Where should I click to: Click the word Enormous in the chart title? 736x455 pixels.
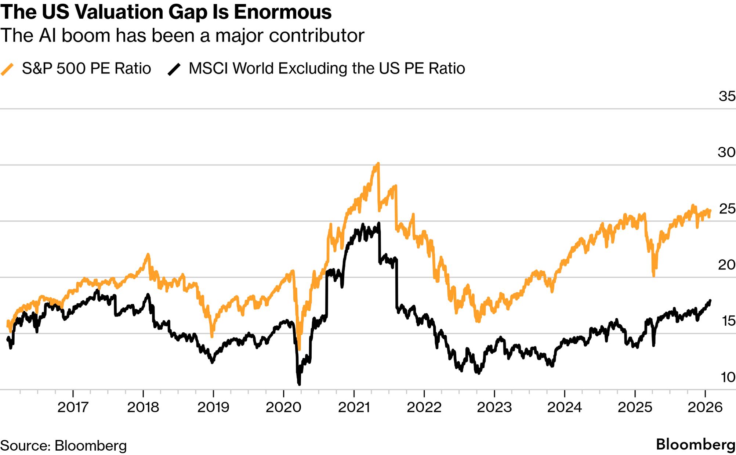click(x=283, y=12)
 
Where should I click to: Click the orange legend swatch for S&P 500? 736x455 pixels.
click(x=7, y=69)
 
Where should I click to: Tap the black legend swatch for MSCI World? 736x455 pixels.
click(x=174, y=69)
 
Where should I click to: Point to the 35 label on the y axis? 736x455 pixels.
click(x=727, y=96)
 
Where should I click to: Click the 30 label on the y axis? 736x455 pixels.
click(x=726, y=152)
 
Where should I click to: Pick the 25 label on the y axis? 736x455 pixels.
click(x=727, y=209)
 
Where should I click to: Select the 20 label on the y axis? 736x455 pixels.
click(x=726, y=265)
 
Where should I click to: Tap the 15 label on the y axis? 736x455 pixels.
click(x=728, y=321)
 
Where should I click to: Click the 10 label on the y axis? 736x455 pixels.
click(x=728, y=377)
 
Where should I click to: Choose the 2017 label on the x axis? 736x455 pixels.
click(x=73, y=407)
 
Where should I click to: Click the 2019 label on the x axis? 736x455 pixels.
click(x=213, y=407)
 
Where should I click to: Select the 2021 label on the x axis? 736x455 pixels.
click(x=354, y=407)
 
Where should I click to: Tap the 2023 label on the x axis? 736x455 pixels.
click(x=494, y=407)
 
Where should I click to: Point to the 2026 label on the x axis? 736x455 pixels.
click(x=705, y=407)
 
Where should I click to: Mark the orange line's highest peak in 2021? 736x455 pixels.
click(x=378, y=163)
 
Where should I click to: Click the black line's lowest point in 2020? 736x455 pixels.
click(x=299, y=384)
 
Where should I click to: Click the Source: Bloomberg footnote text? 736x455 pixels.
click(x=63, y=445)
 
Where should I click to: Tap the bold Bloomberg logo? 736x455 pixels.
click(x=695, y=444)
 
